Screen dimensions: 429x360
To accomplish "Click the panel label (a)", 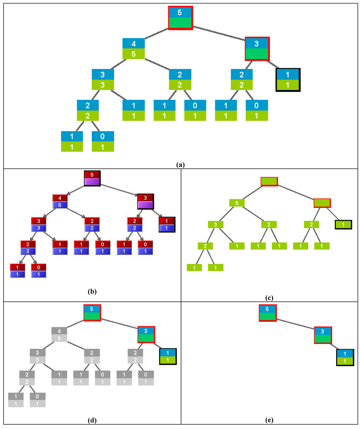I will (x=180, y=164).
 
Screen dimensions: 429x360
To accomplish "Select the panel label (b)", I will (x=92, y=291).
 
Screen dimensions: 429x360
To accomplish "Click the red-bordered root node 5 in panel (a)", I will (x=180, y=18).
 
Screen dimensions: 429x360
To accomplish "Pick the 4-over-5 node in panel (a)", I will (x=134, y=49).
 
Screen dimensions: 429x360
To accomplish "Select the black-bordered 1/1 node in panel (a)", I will (x=288, y=80).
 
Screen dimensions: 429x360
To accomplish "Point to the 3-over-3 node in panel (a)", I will (x=103, y=80).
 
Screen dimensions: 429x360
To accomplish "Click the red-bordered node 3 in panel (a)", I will (x=257, y=49).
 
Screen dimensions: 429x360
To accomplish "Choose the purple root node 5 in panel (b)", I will (x=92, y=178).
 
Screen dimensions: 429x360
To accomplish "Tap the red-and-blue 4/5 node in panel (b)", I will (x=60, y=201).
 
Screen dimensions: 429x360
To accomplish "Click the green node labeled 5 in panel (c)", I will (x=237, y=203).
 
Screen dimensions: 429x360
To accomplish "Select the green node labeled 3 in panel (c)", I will (x=216, y=224).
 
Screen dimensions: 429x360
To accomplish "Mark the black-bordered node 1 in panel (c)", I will (x=343, y=224).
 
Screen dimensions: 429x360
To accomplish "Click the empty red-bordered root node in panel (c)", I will (x=269, y=181).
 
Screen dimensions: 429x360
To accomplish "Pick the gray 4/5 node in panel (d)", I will (x=59, y=335).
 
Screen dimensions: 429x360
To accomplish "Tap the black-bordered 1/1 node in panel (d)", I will (x=168, y=356).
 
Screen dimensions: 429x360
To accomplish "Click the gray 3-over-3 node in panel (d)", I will (x=38, y=356).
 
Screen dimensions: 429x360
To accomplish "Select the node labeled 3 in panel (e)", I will (x=323, y=335).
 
